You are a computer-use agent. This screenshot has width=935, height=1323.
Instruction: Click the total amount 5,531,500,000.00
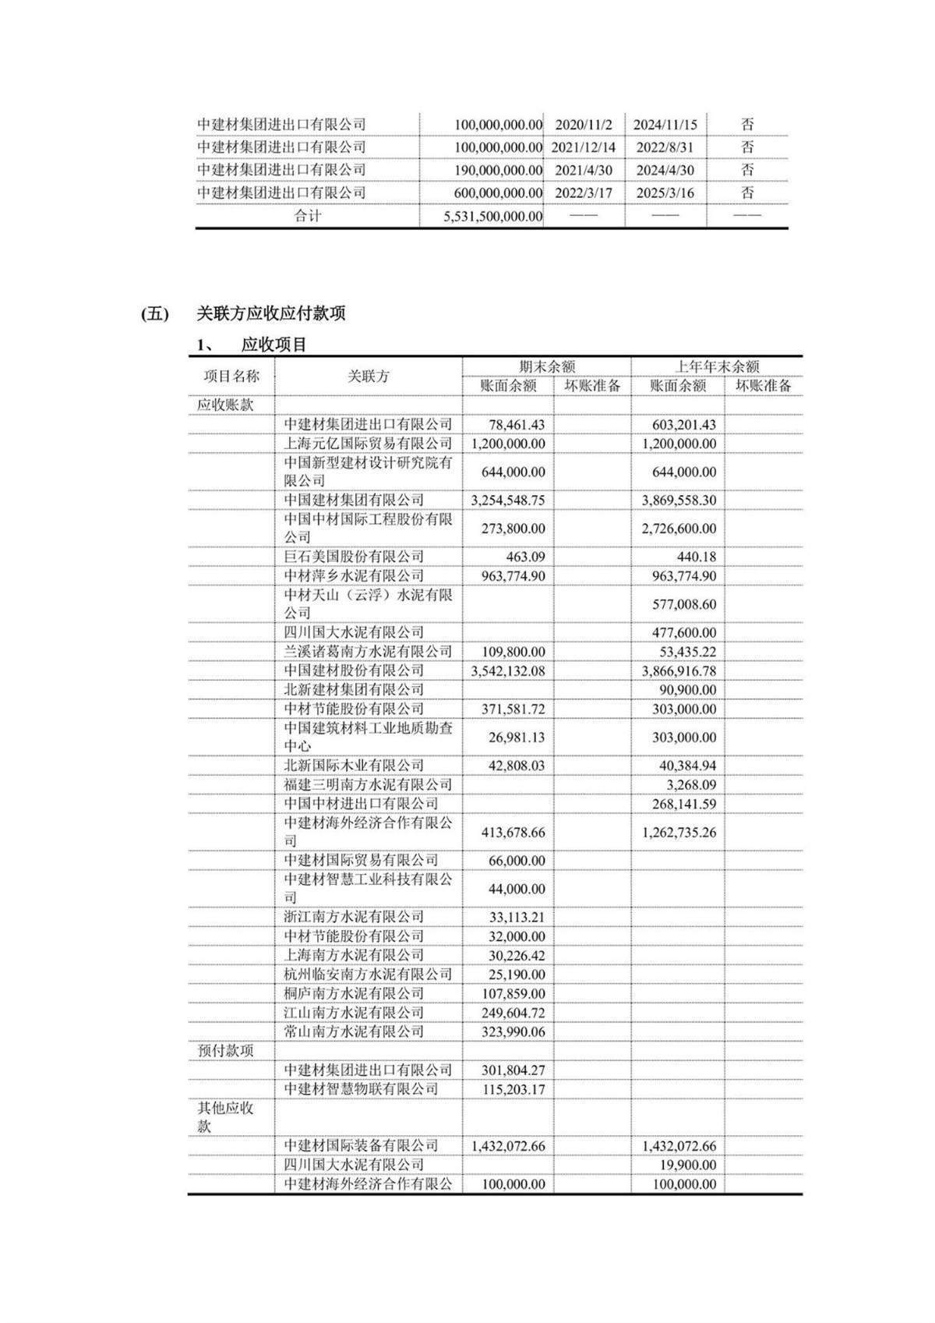click(492, 216)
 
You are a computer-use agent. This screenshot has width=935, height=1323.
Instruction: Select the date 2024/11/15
click(665, 124)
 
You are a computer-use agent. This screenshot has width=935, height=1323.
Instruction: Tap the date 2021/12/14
click(584, 147)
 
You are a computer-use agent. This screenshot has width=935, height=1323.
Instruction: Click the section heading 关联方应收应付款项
click(270, 313)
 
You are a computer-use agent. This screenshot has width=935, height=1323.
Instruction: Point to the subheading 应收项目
click(273, 345)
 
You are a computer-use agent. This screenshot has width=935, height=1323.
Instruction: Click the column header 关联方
click(368, 376)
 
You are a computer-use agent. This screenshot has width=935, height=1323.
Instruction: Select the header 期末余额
click(547, 366)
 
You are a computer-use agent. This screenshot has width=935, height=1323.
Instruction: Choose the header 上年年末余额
click(716, 366)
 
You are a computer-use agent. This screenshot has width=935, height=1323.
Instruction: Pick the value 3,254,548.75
click(508, 501)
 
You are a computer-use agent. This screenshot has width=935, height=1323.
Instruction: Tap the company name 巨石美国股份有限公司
click(354, 557)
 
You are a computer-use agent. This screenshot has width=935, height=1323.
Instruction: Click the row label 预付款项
click(226, 1050)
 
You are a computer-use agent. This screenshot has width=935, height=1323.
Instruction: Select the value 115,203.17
click(513, 1089)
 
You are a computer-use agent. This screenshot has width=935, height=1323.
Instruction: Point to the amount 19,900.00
click(687, 1165)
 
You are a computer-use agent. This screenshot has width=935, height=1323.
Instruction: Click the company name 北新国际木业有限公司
click(354, 766)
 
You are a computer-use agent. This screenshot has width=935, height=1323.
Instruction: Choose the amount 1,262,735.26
click(679, 832)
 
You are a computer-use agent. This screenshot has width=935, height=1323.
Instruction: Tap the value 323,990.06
click(513, 1031)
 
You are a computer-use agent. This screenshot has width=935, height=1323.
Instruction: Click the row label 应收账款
click(225, 405)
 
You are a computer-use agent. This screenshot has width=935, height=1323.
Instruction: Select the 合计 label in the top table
click(307, 216)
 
